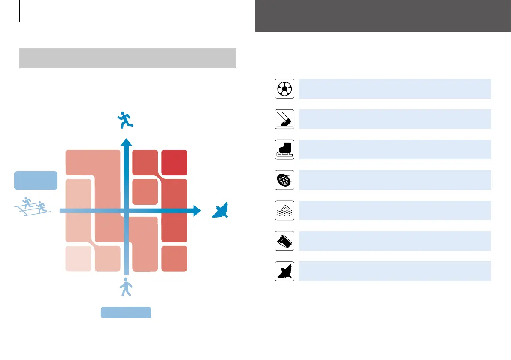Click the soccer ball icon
284,89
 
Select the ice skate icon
284,150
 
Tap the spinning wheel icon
284,180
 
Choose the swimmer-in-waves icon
284,211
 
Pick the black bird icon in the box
284,272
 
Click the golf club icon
284,119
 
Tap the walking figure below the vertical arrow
126,287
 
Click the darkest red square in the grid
174,163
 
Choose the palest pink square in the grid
78,259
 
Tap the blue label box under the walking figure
126,312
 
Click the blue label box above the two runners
36,180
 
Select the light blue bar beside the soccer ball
395,89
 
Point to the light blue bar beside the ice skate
395,150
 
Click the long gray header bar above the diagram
127,58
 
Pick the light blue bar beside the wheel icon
395,180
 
